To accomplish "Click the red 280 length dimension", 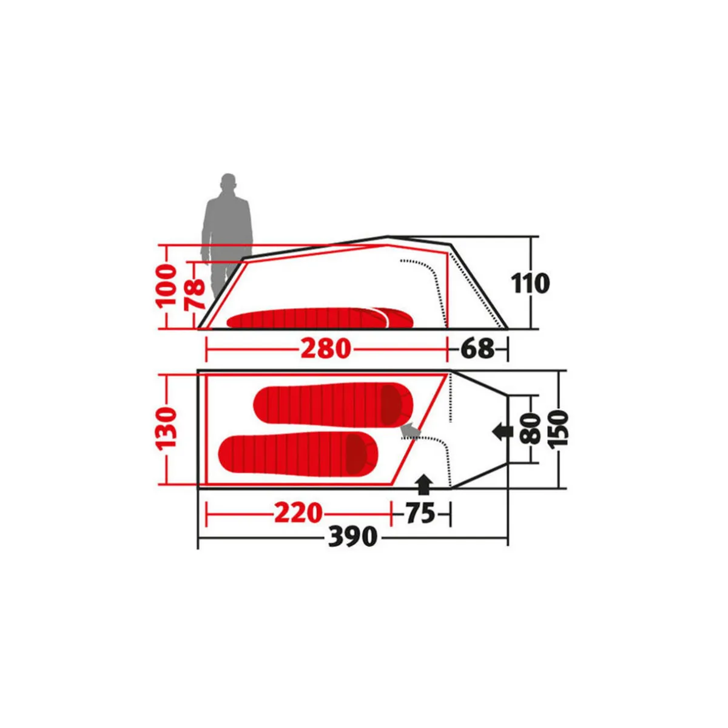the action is coord(325,348).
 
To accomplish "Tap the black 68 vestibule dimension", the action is coord(477,348).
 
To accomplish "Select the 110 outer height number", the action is coord(530,283).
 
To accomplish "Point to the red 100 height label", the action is coord(166,285).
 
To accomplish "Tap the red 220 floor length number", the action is coord(298,513).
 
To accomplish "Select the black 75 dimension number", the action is coord(420,513).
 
